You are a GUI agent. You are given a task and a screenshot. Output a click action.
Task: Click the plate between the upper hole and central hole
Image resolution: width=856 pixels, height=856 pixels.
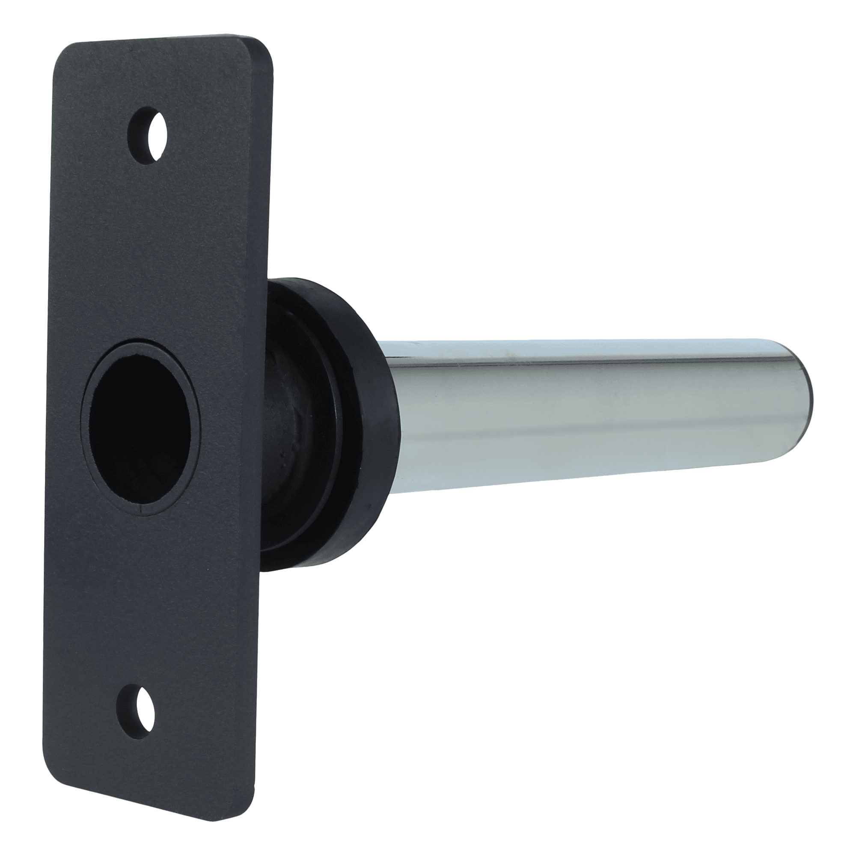point(146,248)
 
